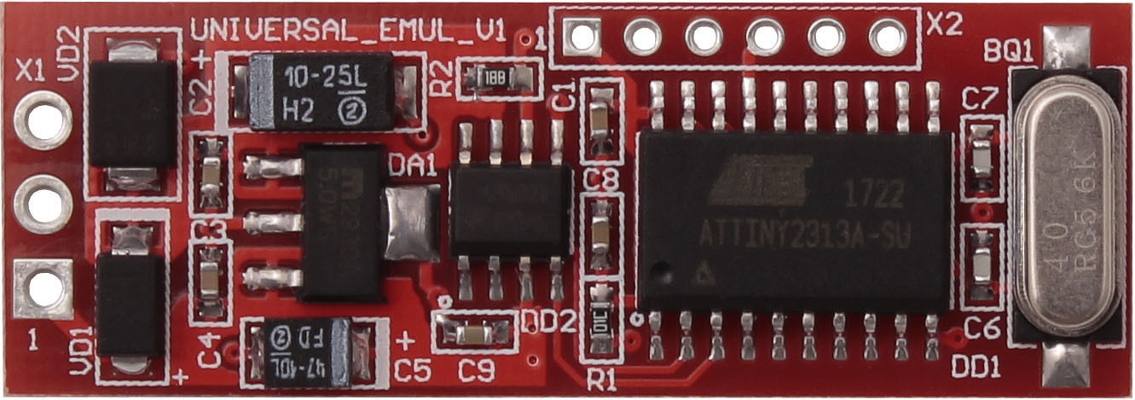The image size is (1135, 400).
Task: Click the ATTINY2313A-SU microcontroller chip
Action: click(x=793, y=222)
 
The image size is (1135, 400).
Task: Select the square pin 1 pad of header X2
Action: click(x=581, y=37)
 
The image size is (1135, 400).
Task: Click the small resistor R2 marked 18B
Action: click(x=495, y=79)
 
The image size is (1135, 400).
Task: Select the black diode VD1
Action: click(x=130, y=305)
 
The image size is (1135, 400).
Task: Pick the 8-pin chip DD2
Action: click(x=510, y=211)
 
